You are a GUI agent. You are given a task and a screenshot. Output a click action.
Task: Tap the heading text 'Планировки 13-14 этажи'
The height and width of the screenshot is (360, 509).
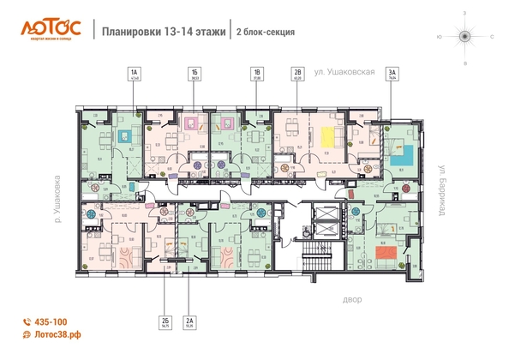(x=163, y=32)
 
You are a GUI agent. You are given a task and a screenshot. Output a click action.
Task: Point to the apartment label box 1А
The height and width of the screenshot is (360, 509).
(x=134, y=75)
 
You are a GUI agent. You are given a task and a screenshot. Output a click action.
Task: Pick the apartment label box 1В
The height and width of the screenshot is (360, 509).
(x=256, y=75)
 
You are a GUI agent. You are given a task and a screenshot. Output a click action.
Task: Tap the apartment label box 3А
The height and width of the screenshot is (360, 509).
(x=392, y=75)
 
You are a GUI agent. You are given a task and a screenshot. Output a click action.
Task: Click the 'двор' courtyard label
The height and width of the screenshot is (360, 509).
(x=354, y=301)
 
